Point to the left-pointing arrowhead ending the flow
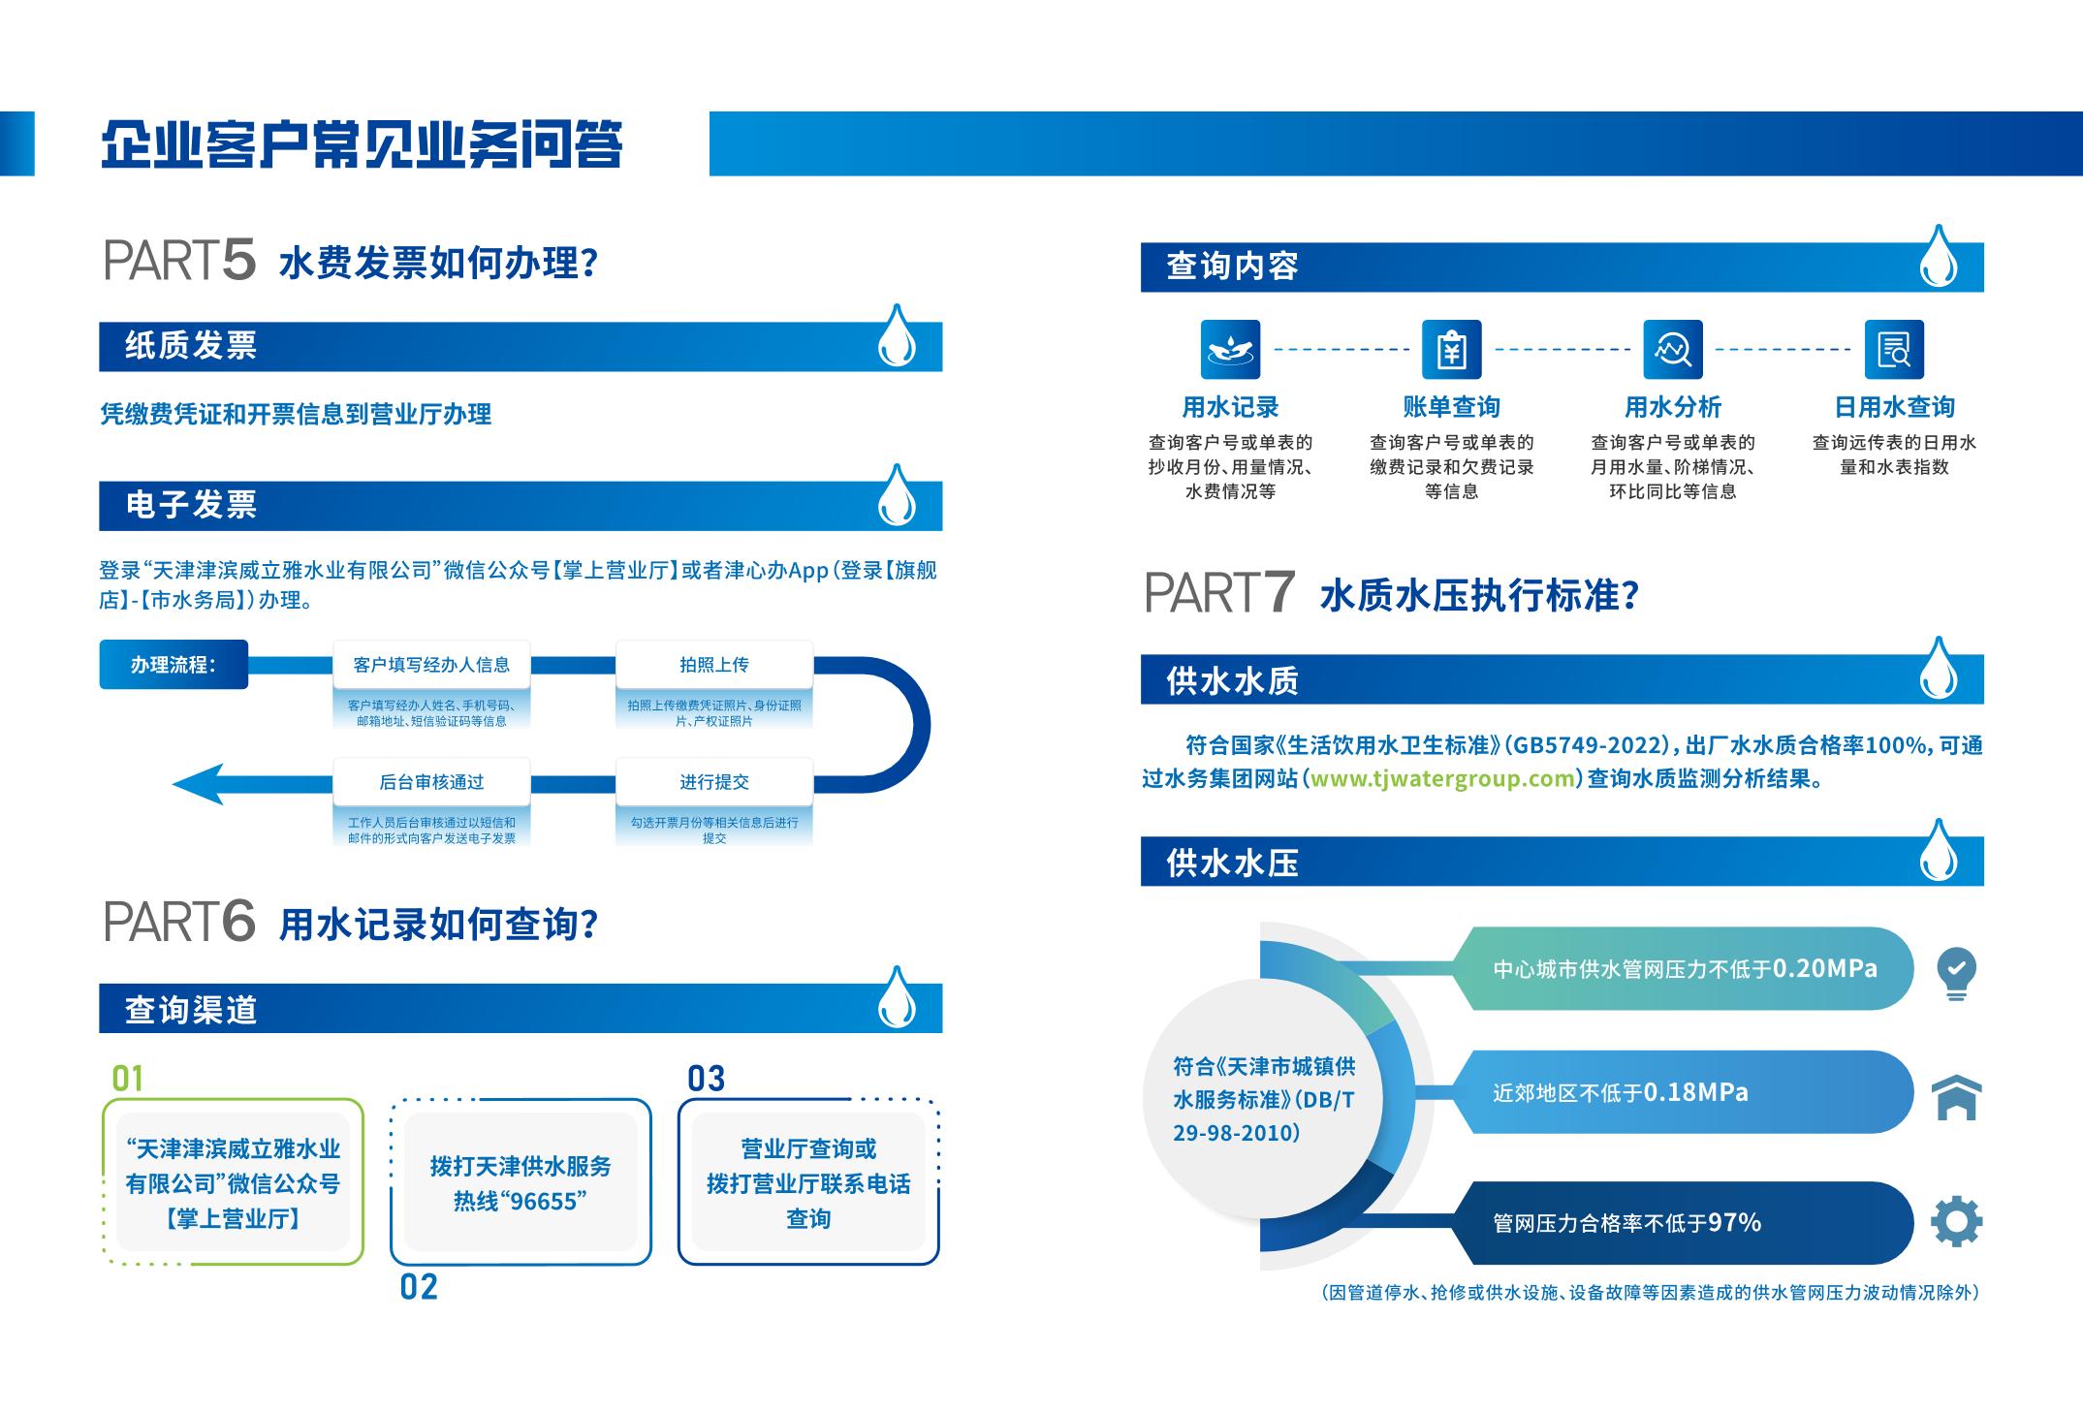(x=199, y=784)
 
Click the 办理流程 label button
(x=174, y=665)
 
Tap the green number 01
(x=128, y=1079)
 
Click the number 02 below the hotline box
(x=419, y=1287)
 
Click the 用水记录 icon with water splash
(x=1230, y=349)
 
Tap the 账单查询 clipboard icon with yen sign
(x=1451, y=349)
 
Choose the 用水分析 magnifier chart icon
(x=1672, y=349)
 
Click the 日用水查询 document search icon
(x=1894, y=349)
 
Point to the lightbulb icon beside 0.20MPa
(x=1956, y=972)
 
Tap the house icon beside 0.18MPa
(x=1956, y=1097)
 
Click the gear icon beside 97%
(x=1956, y=1221)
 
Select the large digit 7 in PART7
(x=1278, y=592)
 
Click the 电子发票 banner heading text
(x=191, y=505)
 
